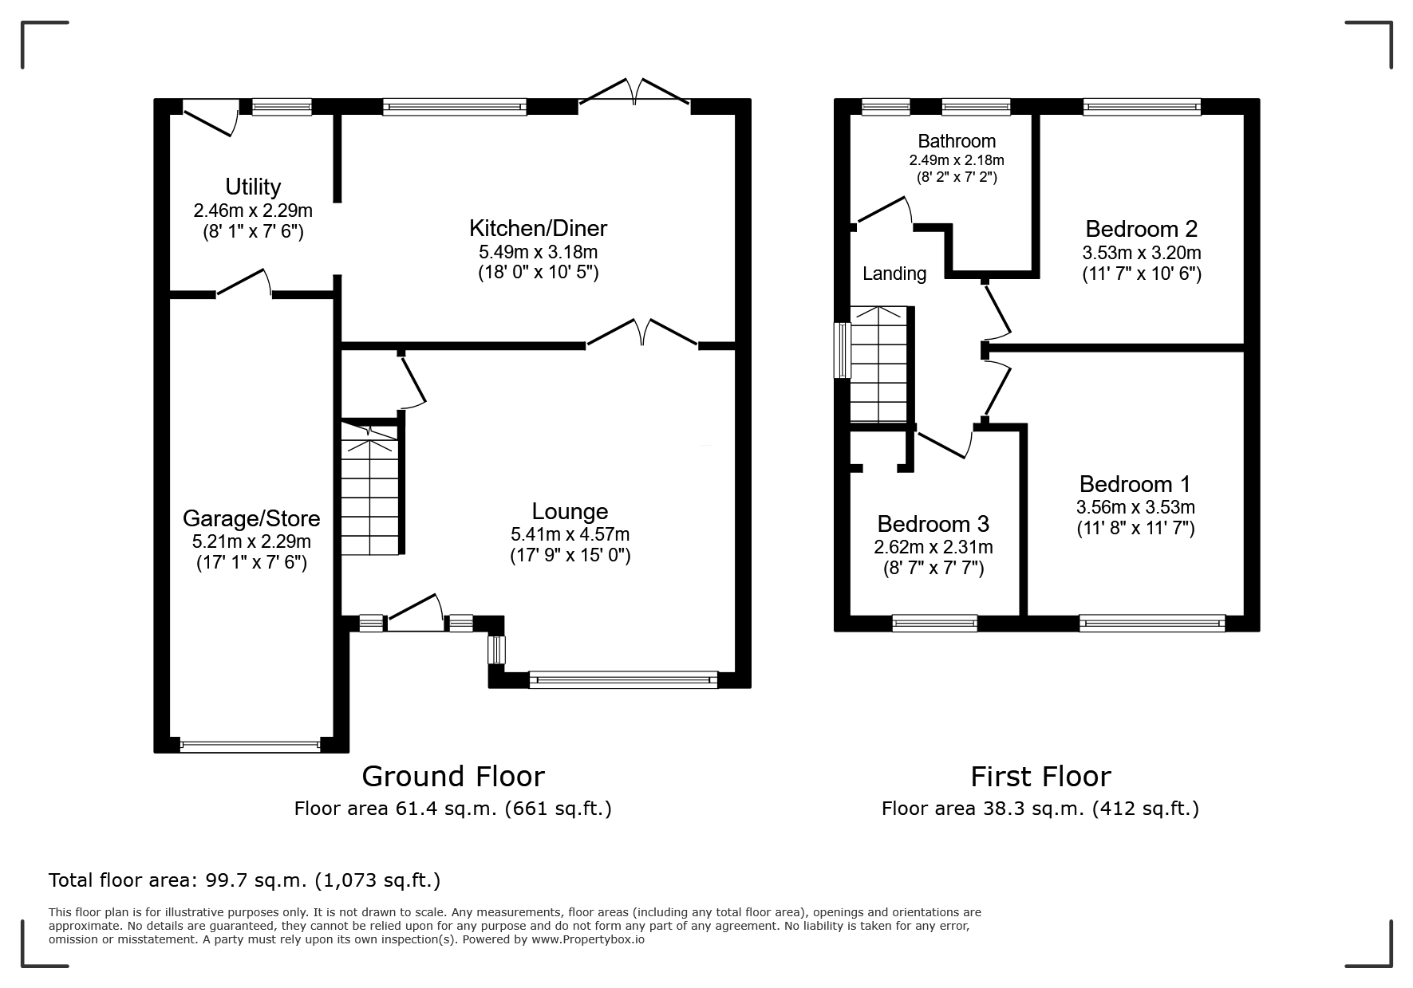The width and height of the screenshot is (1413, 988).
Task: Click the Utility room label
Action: pos(253,187)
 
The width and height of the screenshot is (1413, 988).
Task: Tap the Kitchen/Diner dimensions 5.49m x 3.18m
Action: pos(538,252)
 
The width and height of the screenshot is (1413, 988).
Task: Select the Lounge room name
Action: pos(570,511)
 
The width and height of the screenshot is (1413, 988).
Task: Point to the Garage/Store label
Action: pos(251,518)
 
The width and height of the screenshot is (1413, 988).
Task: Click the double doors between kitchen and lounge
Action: pos(643,333)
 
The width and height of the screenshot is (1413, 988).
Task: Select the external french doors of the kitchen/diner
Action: pos(634,92)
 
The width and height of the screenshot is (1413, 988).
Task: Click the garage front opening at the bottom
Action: pos(251,746)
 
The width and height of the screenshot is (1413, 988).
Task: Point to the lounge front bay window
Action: pos(623,680)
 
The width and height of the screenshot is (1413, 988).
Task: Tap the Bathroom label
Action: pos(957,141)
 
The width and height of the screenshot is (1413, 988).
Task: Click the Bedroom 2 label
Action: pos(1141,229)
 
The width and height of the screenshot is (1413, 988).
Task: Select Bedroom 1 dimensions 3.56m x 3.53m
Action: pos(1135,507)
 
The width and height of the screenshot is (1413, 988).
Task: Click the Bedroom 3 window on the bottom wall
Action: pos(934,623)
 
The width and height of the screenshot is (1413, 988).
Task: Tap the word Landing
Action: pos(894,274)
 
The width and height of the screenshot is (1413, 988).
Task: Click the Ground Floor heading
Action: pos(453,776)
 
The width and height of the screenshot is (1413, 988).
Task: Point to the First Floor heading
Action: pos(1040,776)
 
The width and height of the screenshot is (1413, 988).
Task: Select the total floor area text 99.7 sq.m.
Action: pos(244,880)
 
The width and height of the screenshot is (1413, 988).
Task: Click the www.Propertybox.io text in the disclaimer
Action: pos(588,939)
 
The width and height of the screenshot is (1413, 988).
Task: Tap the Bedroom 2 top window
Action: pos(1142,107)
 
